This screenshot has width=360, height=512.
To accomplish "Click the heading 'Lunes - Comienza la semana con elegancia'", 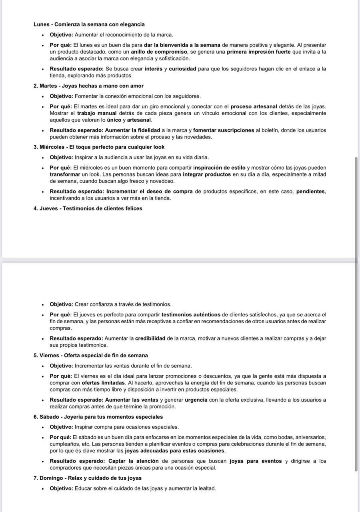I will point(89,24).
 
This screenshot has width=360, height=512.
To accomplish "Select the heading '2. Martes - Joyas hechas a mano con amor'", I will point(88,86).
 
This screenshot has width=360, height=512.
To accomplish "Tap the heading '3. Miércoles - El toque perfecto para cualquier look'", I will point(99,147).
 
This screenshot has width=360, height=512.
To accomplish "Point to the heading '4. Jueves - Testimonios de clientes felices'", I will point(88,208).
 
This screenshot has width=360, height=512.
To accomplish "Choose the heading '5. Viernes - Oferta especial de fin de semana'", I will point(90,355).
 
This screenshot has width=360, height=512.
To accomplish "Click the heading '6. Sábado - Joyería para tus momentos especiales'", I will point(98,417).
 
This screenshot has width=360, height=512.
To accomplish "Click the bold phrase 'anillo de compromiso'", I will point(159,52).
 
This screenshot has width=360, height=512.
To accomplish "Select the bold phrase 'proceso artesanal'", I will point(254,106).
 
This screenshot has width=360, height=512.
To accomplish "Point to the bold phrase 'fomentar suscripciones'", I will point(223,130).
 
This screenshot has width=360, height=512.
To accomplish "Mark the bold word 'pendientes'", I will point(310,191).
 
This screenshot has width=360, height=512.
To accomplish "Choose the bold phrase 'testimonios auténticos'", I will point(191,314).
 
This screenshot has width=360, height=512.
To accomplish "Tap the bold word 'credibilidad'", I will point(150,338).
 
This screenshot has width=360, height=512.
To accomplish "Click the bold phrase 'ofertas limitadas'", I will point(103,383).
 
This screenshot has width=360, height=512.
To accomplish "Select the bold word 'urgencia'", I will point(196,400).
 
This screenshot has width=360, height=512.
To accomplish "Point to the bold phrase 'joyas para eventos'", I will point(256,461).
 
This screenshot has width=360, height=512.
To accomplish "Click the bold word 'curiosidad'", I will point(182,69).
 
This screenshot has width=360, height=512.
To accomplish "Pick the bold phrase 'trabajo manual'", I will point(97,113).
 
